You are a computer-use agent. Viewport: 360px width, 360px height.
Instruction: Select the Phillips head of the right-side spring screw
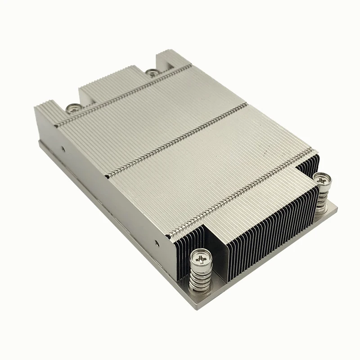(x=323, y=178)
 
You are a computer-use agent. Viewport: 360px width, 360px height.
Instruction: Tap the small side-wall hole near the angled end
(x=63, y=147)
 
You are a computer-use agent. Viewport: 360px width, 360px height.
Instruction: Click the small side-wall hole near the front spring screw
(x=157, y=243)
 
